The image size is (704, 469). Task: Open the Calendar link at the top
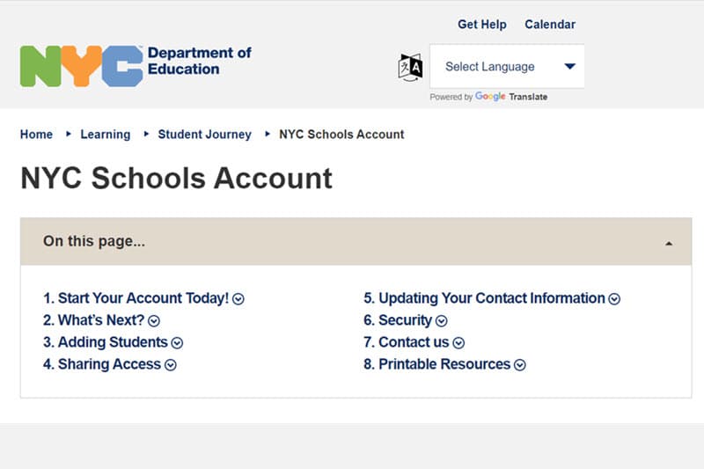pos(550,25)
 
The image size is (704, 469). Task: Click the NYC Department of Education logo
pos(136,66)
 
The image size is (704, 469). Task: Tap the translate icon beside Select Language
pos(410,67)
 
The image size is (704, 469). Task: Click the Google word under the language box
pos(490,97)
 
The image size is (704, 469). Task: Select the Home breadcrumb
pos(37,135)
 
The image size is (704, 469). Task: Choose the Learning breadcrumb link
pos(105,135)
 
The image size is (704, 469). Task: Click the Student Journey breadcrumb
pos(204,135)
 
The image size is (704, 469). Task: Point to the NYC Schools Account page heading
pos(176,179)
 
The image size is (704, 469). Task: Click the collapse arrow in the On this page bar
pos(669,243)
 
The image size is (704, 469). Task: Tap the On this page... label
pos(94,241)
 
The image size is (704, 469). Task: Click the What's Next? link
pos(100,320)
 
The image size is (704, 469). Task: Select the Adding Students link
pos(113,342)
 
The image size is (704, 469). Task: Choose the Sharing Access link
pos(109,364)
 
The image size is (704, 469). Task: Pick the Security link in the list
pos(405,320)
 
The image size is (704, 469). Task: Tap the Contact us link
pos(414,342)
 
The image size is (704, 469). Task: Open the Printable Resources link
pos(444,364)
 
